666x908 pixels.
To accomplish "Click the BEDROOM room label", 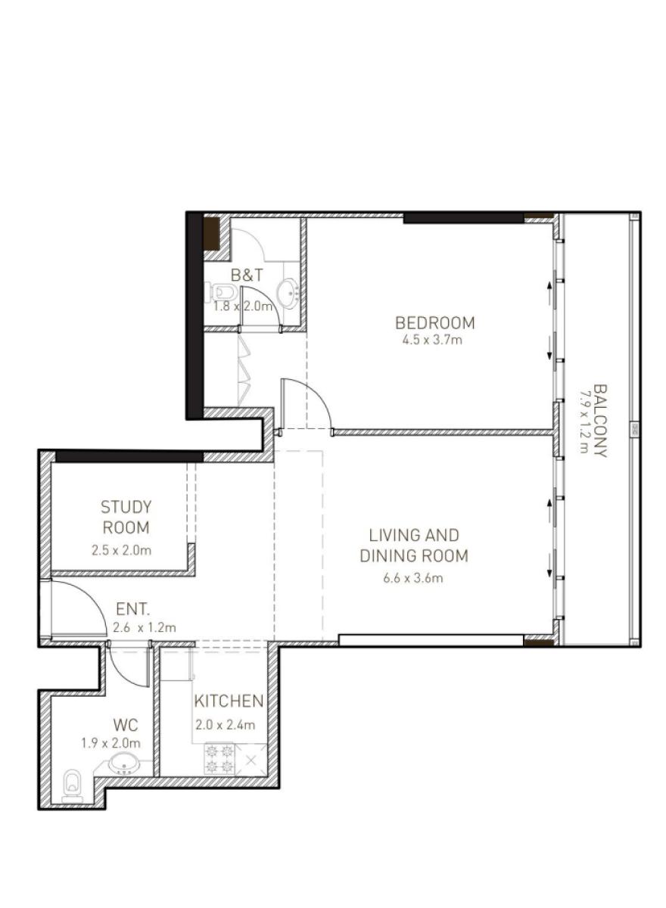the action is [434, 323].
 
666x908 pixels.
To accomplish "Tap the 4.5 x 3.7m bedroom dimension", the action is [432, 340].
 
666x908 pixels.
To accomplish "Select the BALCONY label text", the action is [600, 421].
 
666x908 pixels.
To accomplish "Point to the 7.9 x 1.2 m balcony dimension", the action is [584, 421].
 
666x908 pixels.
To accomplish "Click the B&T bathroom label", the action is [247, 275].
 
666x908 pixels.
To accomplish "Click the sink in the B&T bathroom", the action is [288, 292].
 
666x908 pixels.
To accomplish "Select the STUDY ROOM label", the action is [126, 518].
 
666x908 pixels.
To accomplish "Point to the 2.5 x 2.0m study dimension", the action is [121, 551].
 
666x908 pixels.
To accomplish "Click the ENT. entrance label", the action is [132, 609].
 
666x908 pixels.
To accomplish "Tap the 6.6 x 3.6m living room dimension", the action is [413, 577].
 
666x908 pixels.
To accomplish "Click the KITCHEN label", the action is [229, 701].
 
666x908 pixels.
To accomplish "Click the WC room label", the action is [126, 725].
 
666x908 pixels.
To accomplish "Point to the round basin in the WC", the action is [124, 763].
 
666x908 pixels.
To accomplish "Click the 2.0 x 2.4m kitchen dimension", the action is [225, 725].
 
